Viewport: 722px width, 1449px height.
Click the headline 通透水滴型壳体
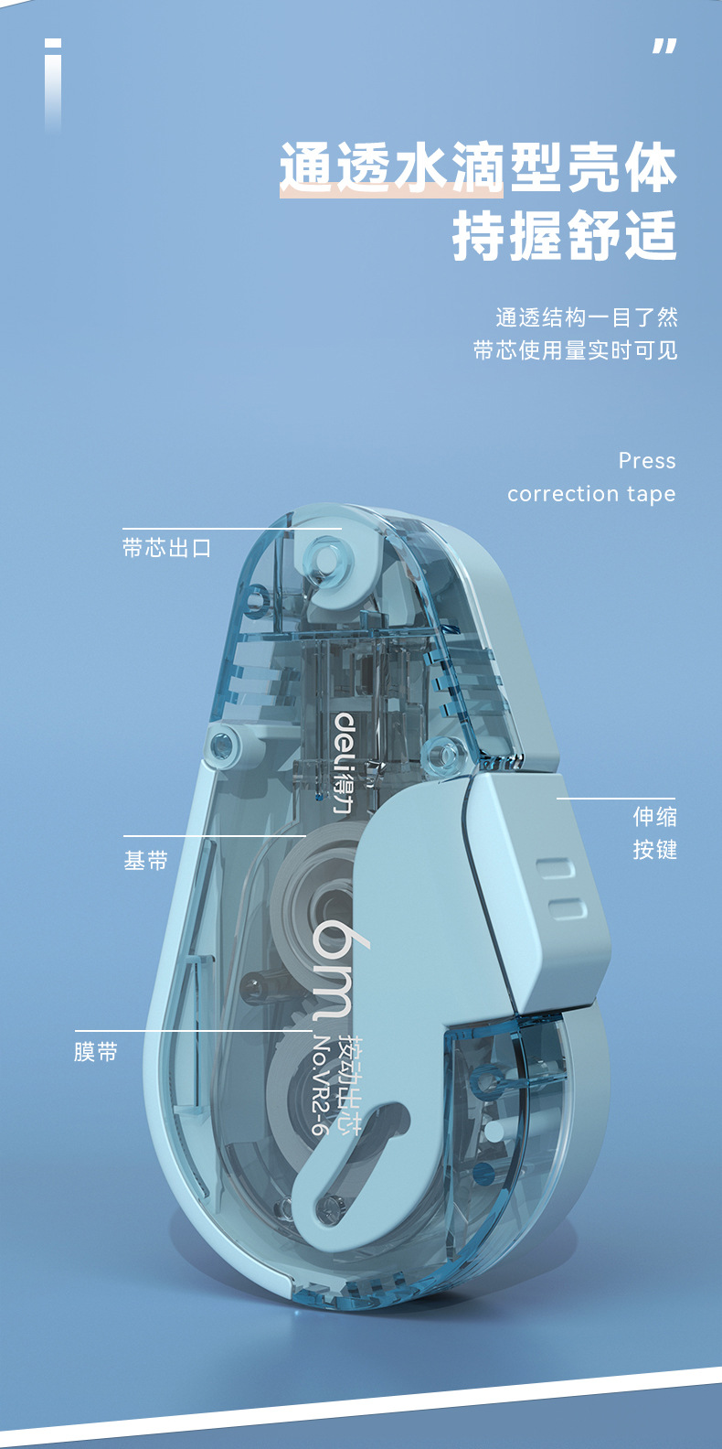click(478, 168)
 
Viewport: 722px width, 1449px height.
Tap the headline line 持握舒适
click(564, 236)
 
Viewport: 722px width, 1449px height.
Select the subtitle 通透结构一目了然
click(586, 317)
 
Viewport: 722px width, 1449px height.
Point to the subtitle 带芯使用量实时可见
click(575, 350)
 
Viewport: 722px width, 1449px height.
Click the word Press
click(647, 460)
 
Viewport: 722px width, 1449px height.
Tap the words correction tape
click(591, 494)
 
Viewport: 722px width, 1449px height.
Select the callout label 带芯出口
click(167, 548)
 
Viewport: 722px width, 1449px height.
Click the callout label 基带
click(146, 861)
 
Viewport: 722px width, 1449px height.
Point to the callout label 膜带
click(96, 1052)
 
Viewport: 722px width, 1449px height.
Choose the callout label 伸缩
click(654, 816)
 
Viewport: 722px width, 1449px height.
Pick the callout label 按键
click(654, 850)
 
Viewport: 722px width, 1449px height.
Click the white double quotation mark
click(664, 47)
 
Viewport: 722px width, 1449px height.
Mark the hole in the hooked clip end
click(328, 1206)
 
